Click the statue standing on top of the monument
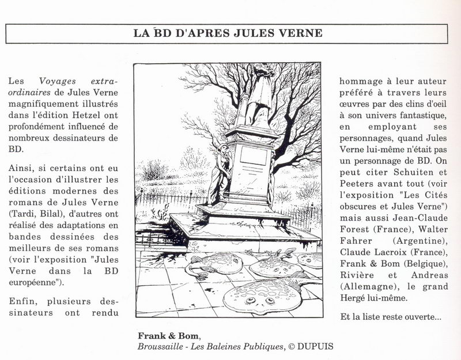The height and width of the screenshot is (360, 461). (x=263, y=92)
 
